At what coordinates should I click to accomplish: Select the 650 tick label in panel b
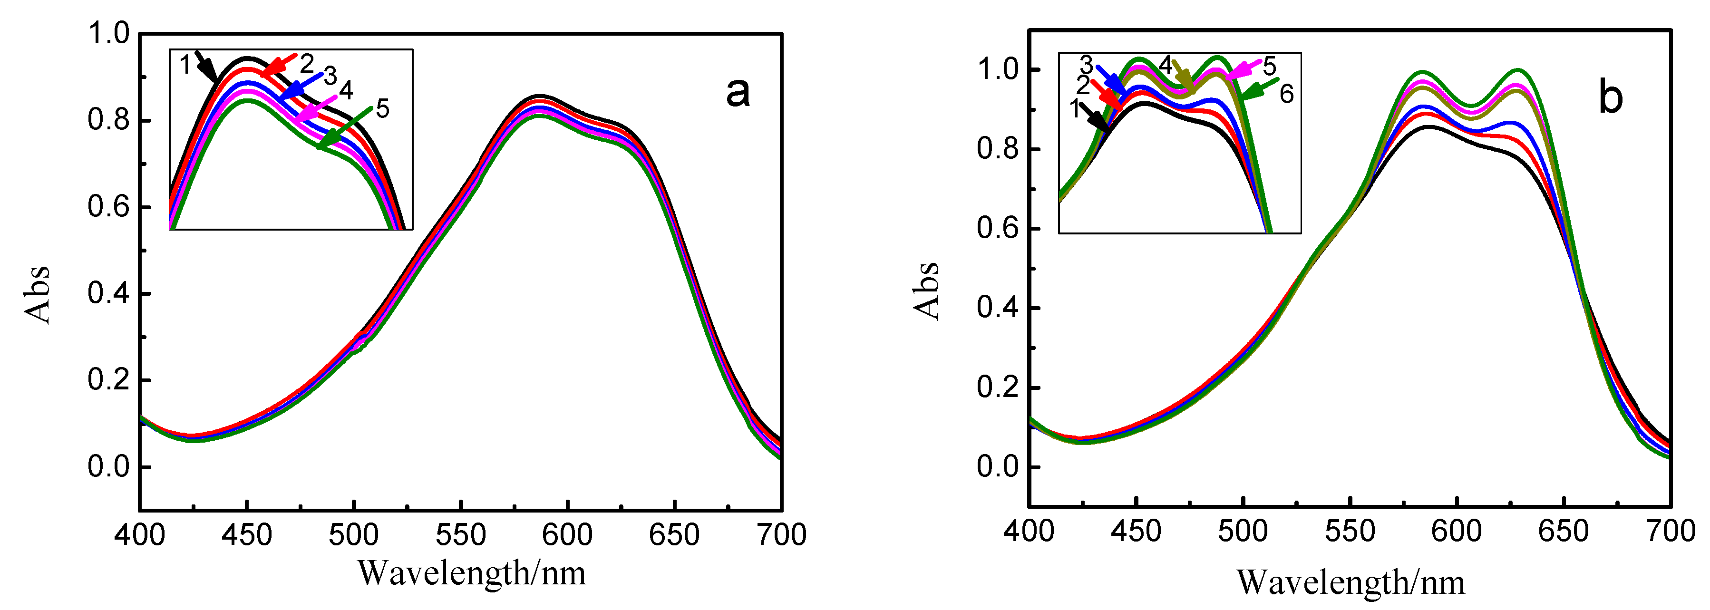pyautogui.click(x=1564, y=531)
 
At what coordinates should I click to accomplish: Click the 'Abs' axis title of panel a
pyautogui.click(x=38, y=294)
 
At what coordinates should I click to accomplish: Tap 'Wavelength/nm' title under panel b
pyautogui.click(x=1350, y=582)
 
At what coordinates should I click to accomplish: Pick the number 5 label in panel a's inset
pyautogui.click(x=382, y=109)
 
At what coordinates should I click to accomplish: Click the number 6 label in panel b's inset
pyautogui.click(x=1286, y=94)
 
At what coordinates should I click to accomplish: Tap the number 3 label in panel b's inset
pyautogui.click(x=1086, y=65)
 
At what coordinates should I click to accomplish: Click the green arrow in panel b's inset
pyautogui.click(x=1257, y=89)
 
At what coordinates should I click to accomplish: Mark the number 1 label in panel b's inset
pyautogui.click(x=1075, y=108)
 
